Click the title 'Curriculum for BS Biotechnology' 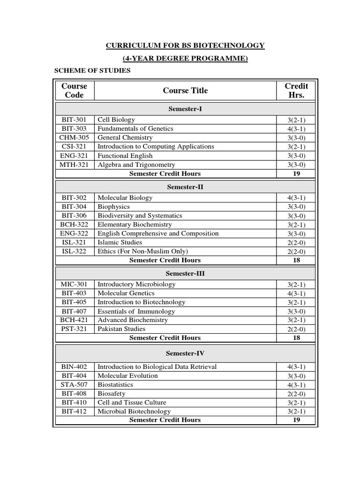pos(185,45)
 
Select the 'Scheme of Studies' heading pos(92,71)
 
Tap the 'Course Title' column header pos(185,90)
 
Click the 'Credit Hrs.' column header pos(296,90)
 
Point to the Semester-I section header pos(185,109)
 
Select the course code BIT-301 pos(74,120)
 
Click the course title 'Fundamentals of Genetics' pos(135,128)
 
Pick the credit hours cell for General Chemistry pos(296,138)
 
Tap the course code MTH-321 pos(74,165)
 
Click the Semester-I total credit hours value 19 pos(296,173)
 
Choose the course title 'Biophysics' pos(113,207)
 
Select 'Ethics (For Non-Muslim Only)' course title pos(142,251)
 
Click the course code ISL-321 pos(74,242)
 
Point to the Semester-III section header pos(185,273)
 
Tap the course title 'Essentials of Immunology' pos(136,311)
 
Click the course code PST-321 pos(74,329)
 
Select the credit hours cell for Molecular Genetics pos(296,293)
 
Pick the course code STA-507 pos(74,385)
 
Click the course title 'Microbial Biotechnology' pos(134,412)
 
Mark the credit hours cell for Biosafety pos(296,394)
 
